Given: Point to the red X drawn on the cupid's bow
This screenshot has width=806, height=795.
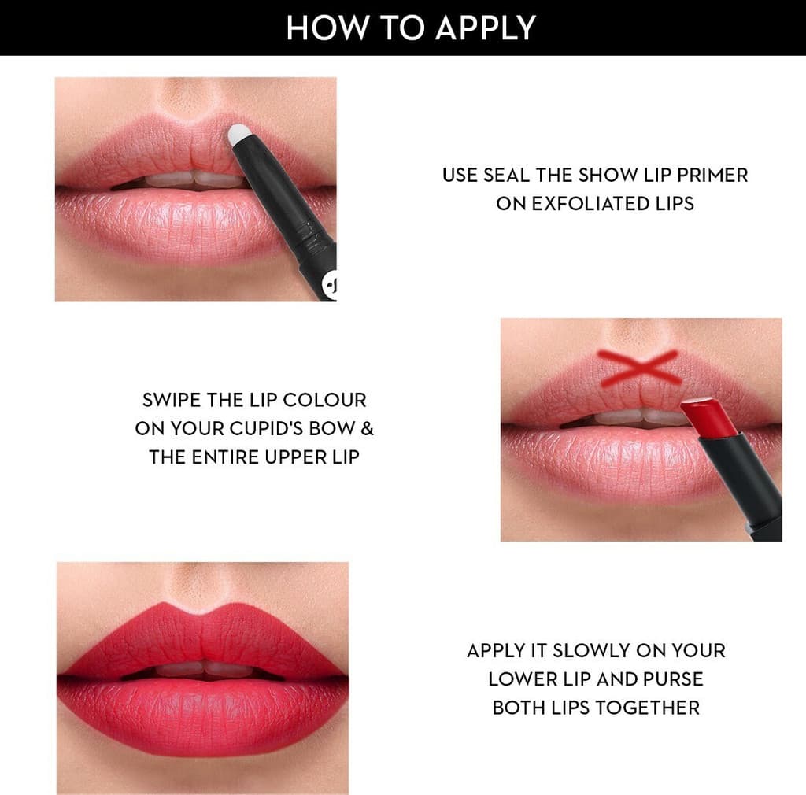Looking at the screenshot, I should point(639,367).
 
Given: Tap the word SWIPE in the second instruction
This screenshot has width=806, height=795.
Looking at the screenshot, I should point(172,400).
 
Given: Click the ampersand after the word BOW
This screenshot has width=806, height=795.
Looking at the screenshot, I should point(368,429).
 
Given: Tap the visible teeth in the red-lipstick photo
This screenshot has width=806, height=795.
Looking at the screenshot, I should point(203,669).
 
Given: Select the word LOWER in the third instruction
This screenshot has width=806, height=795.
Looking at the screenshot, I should point(517,679).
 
